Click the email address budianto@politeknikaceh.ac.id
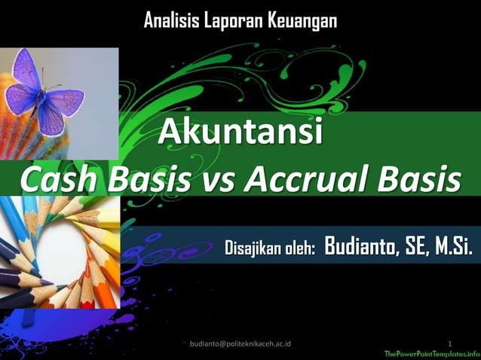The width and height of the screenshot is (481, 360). tap(241, 343)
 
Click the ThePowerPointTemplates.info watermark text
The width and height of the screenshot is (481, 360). tap(432, 353)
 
